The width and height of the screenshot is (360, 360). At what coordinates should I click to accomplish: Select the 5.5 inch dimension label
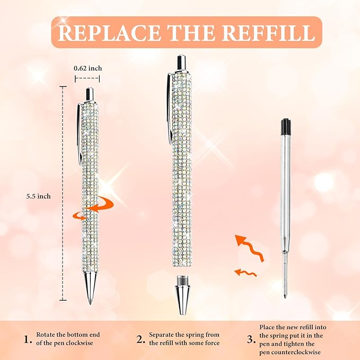coord(39,196)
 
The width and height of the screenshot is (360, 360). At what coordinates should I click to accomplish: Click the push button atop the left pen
coord(90,93)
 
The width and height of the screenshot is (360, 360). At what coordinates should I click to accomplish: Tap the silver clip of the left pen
coord(80,133)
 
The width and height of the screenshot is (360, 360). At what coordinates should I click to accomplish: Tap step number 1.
coord(26,339)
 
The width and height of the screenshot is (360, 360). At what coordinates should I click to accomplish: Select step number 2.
coord(141,339)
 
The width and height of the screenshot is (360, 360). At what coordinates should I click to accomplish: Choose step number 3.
coord(251,339)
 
